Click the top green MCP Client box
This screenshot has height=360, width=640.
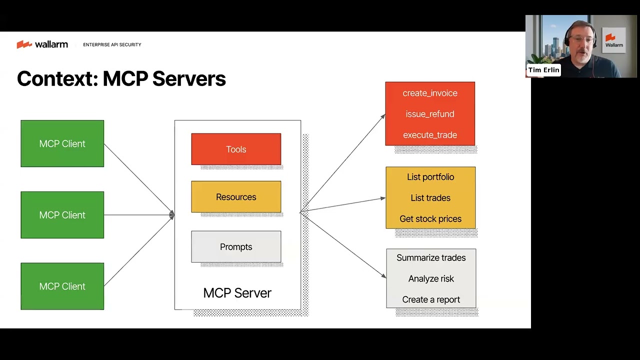coord(62,143)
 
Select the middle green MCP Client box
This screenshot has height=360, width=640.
coord(62,215)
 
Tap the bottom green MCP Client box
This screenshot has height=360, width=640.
coord(62,286)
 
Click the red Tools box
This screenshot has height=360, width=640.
coord(236,149)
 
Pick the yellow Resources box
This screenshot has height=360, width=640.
coord(236,197)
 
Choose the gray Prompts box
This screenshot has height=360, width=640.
coord(236,246)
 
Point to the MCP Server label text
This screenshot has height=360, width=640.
coord(237,293)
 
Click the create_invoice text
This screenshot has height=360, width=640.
coord(430,93)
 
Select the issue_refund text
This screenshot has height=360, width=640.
coord(430,114)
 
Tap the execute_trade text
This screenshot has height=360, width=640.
coord(430,135)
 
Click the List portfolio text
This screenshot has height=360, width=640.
coord(430,177)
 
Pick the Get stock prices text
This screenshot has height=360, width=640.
coord(430,219)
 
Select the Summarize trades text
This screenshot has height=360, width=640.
coord(431,257)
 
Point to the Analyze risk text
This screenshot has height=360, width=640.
coord(431,278)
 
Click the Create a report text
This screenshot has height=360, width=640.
coord(431,299)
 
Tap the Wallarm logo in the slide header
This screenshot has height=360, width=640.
coord(42,44)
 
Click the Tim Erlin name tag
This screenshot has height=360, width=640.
coord(543,70)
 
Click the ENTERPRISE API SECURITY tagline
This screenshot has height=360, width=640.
coord(112,45)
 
